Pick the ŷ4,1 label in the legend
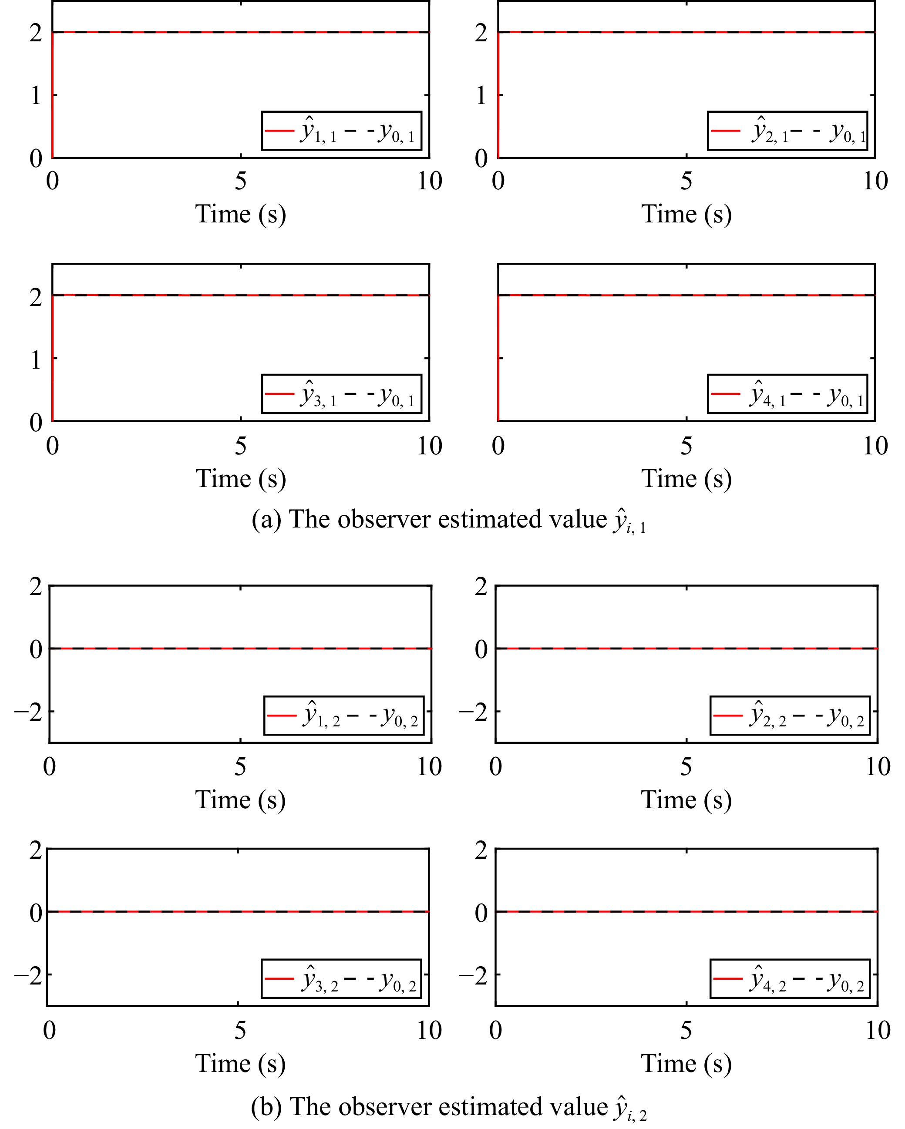[767, 395]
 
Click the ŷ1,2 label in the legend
[320, 716]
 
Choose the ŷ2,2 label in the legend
[768, 716]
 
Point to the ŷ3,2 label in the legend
[320, 980]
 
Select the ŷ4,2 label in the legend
[768, 980]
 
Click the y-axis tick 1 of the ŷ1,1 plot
[36, 95]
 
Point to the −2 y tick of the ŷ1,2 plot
[29, 712]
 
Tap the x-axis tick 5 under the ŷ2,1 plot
[686, 181]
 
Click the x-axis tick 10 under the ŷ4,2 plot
[877, 1031]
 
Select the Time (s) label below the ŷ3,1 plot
[240, 479]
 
